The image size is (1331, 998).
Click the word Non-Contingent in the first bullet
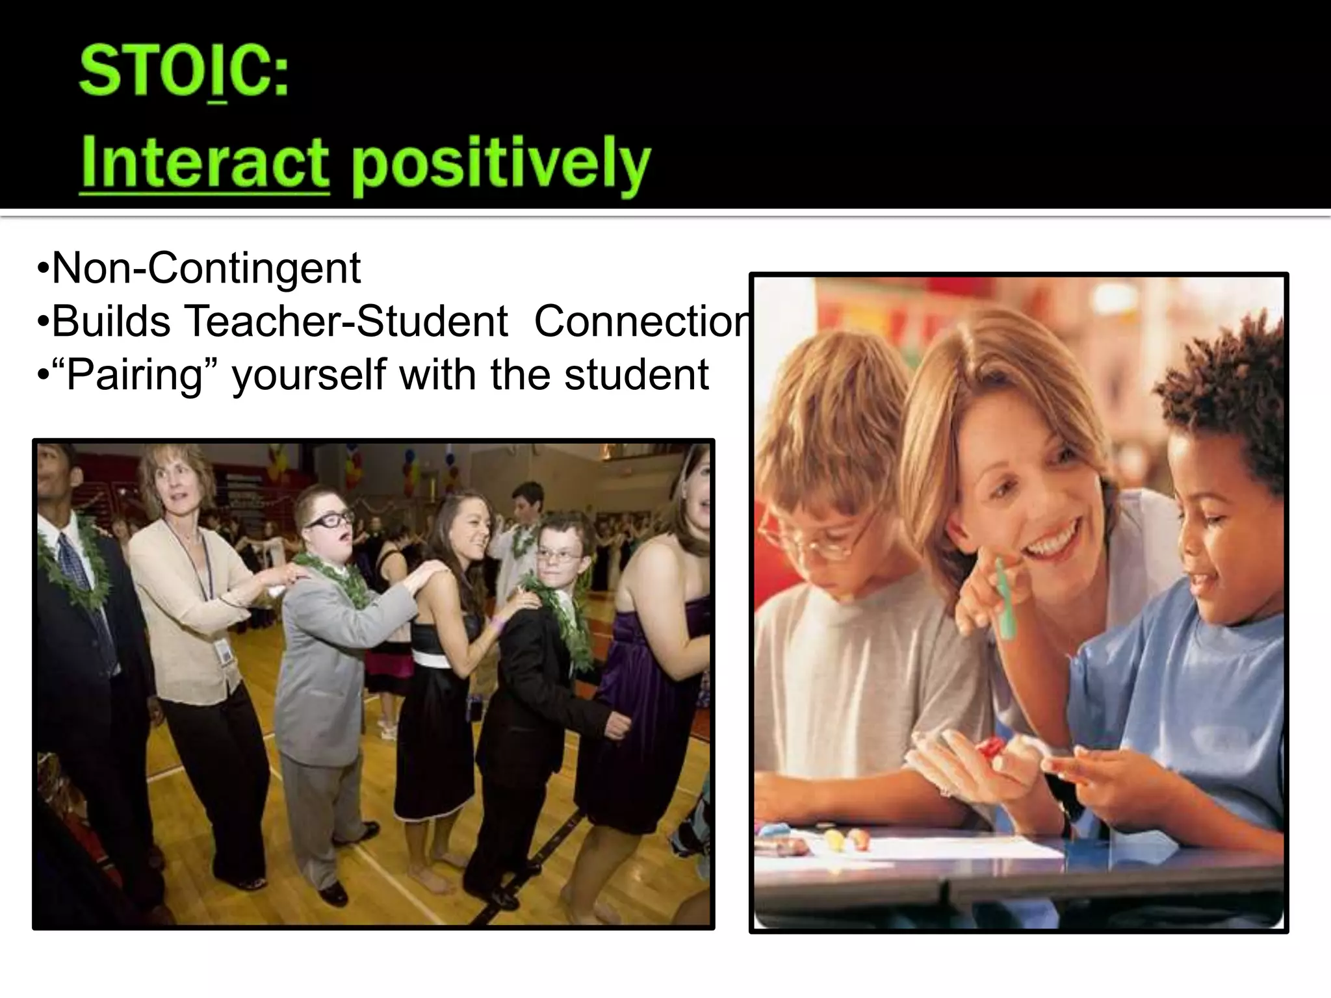(x=205, y=268)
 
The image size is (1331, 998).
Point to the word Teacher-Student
(x=346, y=321)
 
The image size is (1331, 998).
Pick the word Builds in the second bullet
(x=110, y=321)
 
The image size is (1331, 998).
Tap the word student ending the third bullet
(x=636, y=375)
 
